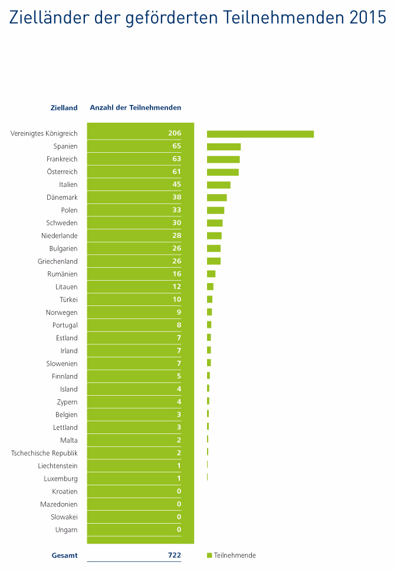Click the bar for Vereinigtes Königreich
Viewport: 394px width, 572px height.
[260, 134]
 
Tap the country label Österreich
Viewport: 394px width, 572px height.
[62, 172]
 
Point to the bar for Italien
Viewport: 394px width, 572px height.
[218, 185]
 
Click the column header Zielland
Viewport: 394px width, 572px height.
[64, 108]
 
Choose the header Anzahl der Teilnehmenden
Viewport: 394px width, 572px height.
[135, 108]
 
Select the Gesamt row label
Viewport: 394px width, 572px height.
[64, 555]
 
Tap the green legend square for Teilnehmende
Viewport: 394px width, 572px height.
[209, 555]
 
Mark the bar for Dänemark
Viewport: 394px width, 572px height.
[216, 198]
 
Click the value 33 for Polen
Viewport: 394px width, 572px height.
[176, 210]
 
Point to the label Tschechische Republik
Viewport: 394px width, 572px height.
[44, 453]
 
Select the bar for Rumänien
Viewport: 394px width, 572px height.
[211, 274]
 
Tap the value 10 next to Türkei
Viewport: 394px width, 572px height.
[176, 300]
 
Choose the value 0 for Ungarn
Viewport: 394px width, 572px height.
[179, 530]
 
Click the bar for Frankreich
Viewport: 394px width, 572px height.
[223, 159]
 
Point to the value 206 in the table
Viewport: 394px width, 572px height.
[174, 133]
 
